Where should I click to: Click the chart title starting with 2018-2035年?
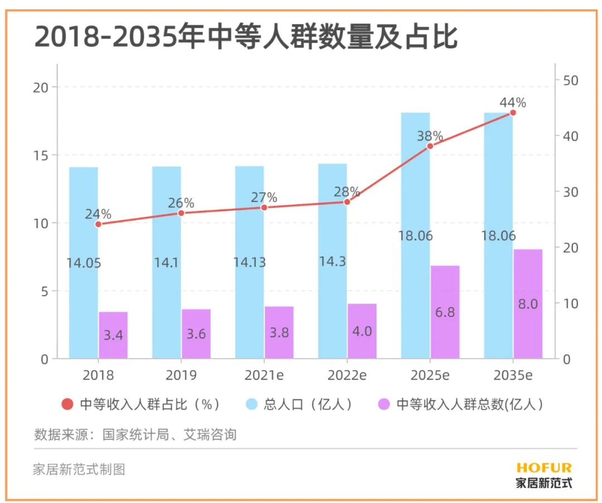[x=246, y=37]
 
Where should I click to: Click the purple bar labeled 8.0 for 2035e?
[x=528, y=304]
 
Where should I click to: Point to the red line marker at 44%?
[x=513, y=113]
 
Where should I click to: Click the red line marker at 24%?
[x=98, y=224]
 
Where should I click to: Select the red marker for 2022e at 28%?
[x=347, y=202]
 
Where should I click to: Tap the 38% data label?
[x=430, y=136]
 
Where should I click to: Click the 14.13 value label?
[x=250, y=262]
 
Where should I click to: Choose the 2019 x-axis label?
[x=181, y=375]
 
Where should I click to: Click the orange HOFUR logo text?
[x=543, y=467]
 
